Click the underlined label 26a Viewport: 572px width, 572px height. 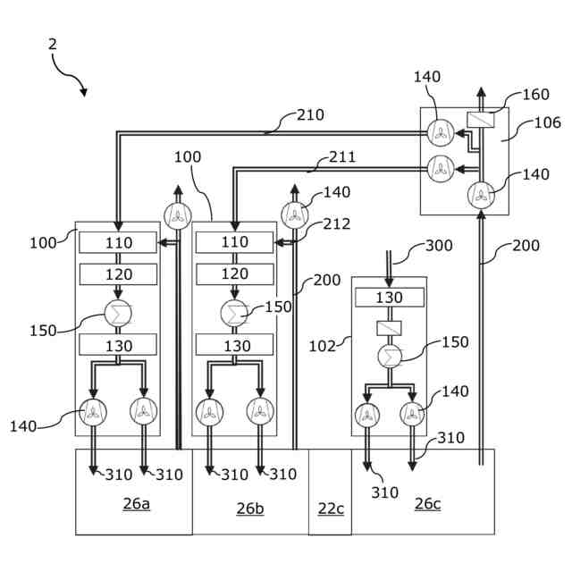(137, 504)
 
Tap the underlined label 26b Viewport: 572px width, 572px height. (250, 509)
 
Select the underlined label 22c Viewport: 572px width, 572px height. (331, 509)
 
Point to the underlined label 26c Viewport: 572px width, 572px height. (427, 504)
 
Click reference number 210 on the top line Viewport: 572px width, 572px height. (310, 115)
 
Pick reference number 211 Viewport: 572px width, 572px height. (342, 157)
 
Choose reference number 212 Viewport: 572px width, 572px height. (337, 224)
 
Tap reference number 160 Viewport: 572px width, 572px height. (536, 95)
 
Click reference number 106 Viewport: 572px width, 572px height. (548, 123)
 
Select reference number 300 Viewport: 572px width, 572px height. (439, 246)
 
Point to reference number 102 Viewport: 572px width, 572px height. (322, 346)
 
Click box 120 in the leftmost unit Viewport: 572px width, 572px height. (118, 274)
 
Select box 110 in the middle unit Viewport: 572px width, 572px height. (234, 242)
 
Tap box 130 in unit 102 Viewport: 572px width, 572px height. (390, 298)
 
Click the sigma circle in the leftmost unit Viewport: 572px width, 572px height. (118, 314)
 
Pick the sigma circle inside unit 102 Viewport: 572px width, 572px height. (390, 357)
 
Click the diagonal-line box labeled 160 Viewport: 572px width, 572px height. (481, 120)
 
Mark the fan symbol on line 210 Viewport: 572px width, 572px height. (441, 133)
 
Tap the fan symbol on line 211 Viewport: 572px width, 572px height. (441, 169)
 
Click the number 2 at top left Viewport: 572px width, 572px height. (53, 45)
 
